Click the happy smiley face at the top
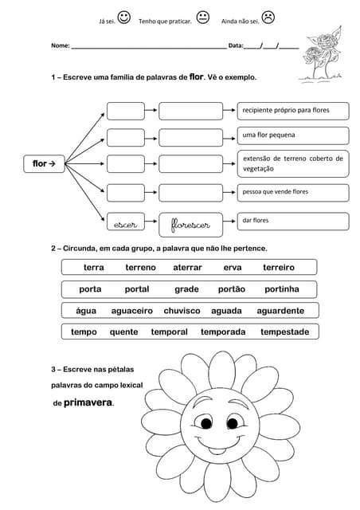pyautogui.click(x=123, y=17)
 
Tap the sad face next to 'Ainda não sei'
pyautogui.click(x=268, y=17)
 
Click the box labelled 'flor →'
pyautogui.click(x=49, y=164)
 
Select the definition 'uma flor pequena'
pyautogui.click(x=292, y=135)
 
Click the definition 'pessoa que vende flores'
pyautogui.click(x=292, y=192)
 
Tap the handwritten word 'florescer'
pyautogui.click(x=191, y=226)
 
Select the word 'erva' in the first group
pyautogui.click(x=233, y=268)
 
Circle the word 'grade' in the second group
pyautogui.click(x=186, y=289)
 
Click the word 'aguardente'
pyautogui.click(x=280, y=311)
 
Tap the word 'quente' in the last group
pyautogui.click(x=123, y=331)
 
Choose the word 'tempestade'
pyautogui.click(x=284, y=331)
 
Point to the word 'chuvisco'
pyautogui.click(x=182, y=311)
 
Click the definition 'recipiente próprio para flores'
pyautogui.click(x=292, y=108)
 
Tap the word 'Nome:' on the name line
pyautogui.click(x=61, y=46)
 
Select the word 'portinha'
pyautogui.click(x=282, y=289)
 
